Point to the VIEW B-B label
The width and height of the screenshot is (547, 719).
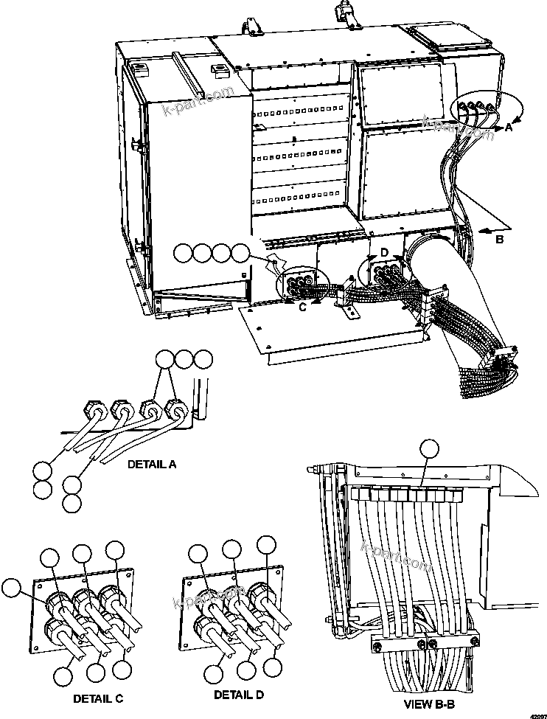coord(429,704)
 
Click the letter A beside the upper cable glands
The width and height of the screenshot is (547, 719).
coord(508,127)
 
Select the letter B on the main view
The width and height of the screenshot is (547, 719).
coord(499,239)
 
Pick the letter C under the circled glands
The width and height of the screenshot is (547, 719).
coord(302,308)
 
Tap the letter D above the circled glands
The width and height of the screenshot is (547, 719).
coord(383,253)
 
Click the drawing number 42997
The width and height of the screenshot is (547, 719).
coord(534,714)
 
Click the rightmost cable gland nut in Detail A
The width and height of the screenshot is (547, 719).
coord(175,408)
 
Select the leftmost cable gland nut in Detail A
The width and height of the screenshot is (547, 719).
coord(90,406)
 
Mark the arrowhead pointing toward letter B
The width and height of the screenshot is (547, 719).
coord(481,231)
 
